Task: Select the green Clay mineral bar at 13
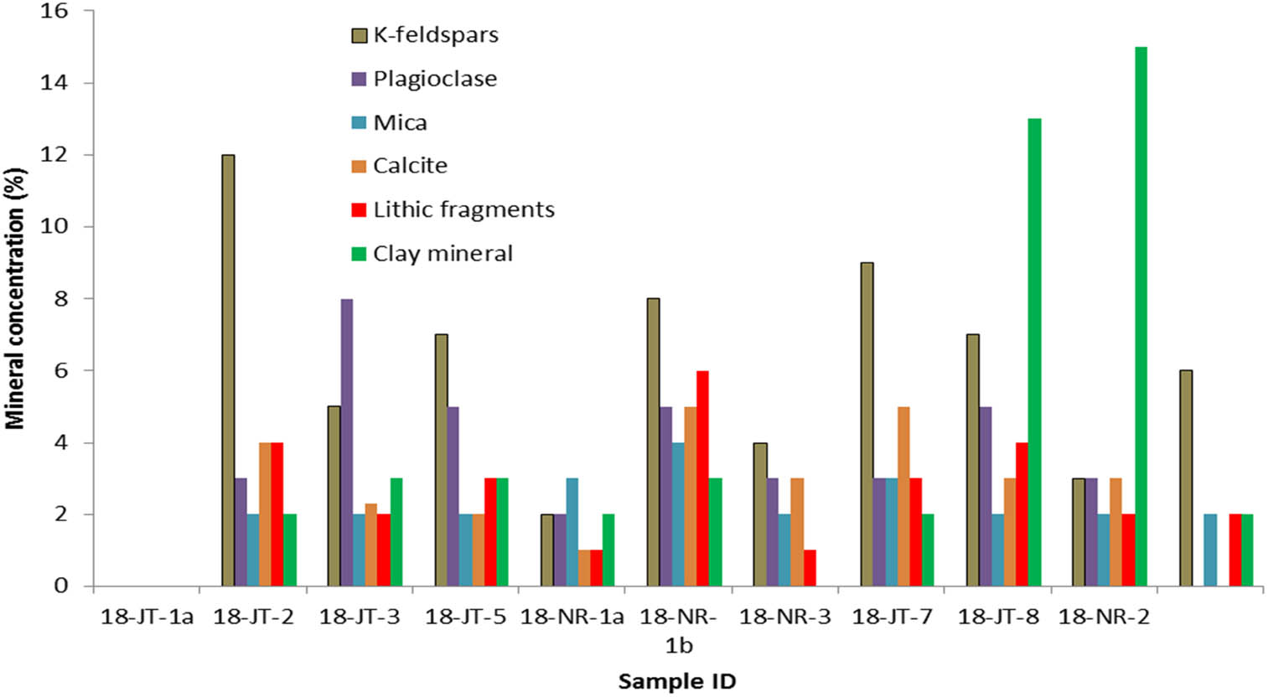click(x=1034, y=352)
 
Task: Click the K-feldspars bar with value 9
click(x=867, y=424)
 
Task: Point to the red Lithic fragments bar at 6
click(x=702, y=478)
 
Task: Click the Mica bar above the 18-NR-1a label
click(x=572, y=532)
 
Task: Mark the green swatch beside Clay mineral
click(x=359, y=254)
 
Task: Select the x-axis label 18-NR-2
click(x=1104, y=618)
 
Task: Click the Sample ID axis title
click(x=676, y=682)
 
